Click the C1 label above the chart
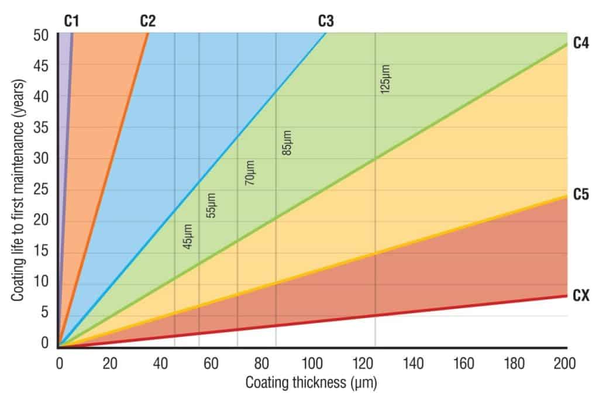(x=71, y=22)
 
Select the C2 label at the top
(x=147, y=22)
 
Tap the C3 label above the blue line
(x=326, y=22)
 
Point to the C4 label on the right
(x=581, y=43)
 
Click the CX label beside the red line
(x=581, y=296)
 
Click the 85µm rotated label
(x=287, y=142)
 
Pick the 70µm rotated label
(x=249, y=174)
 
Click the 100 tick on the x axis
(x=312, y=364)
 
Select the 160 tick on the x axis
(x=464, y=364)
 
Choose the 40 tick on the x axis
(x=160, y=364)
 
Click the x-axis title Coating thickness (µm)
(x=311, y=382)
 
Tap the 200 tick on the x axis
(x=565, y=364)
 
